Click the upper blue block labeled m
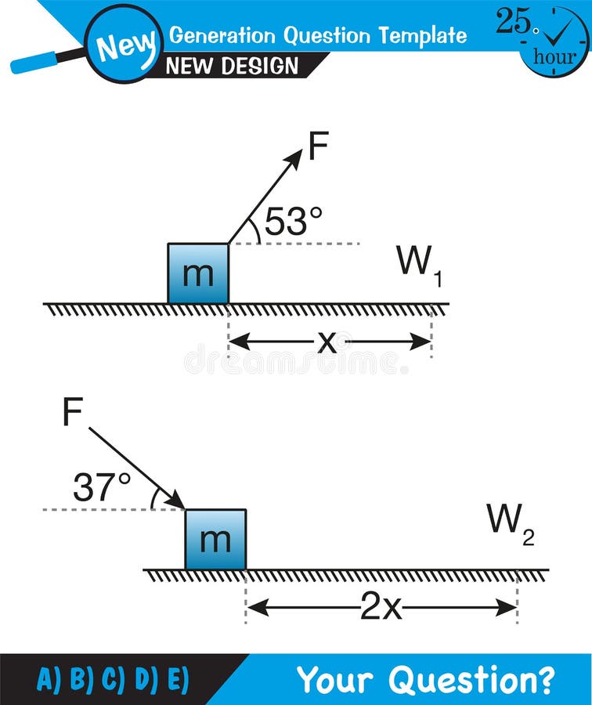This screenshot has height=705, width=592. tap(198, 273)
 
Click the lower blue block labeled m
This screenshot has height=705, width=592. tap(215, 539)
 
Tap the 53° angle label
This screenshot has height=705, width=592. tap(293, 222)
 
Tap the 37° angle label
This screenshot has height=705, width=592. tap(102, 488)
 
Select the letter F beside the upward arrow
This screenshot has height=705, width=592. tap(318, 146)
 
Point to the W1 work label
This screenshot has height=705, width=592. tap(420, 264)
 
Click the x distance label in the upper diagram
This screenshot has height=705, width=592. tap(327, 342)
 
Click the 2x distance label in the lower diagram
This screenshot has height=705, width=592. tap(381, 607)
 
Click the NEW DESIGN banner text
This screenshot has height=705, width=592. tap(233, 66)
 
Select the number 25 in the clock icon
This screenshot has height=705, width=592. tap(514, 22)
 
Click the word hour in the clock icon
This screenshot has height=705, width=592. tap(554, 57)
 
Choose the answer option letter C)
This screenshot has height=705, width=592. tap(112, 679)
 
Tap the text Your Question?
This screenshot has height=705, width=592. tap(425, 679)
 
